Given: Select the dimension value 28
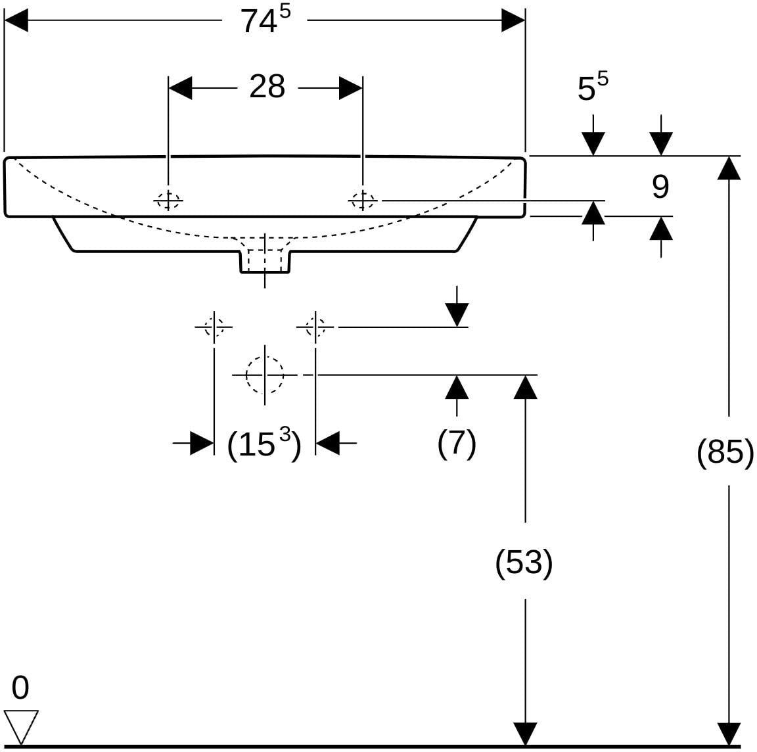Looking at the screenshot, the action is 267,87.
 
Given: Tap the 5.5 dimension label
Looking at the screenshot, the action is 593,86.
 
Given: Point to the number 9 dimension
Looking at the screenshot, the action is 660,187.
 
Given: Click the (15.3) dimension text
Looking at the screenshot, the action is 264,444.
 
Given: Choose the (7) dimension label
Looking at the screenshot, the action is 457,443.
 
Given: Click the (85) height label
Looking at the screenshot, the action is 725,452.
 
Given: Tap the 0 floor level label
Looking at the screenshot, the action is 20,688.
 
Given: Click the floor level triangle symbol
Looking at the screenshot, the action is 21,727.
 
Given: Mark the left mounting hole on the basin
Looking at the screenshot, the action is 168,199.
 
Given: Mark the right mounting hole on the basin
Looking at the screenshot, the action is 363,199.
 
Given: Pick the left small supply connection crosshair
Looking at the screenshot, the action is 214,327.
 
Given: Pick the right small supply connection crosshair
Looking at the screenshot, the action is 315,327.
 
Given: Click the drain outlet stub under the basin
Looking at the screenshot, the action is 265,262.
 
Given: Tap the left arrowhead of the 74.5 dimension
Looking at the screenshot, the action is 16,20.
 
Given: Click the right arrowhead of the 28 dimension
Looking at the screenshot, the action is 351,88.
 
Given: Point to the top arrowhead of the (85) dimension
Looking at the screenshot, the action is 729,168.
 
